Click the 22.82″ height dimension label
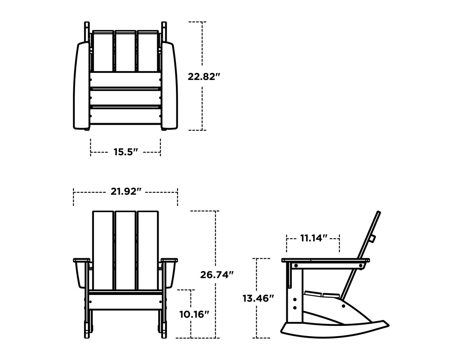tap(202, 77)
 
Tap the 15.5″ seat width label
tap(125, 152)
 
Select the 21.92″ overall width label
tap(126, 192)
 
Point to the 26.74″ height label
tap(217, 275)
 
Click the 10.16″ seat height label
tap(194, 314)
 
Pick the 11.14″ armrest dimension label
tap(313, 238)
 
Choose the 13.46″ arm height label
tap(258, 298)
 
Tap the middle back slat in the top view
tap(125, 51)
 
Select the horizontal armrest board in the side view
tap(326, 260)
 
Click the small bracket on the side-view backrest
tap(373, 238)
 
